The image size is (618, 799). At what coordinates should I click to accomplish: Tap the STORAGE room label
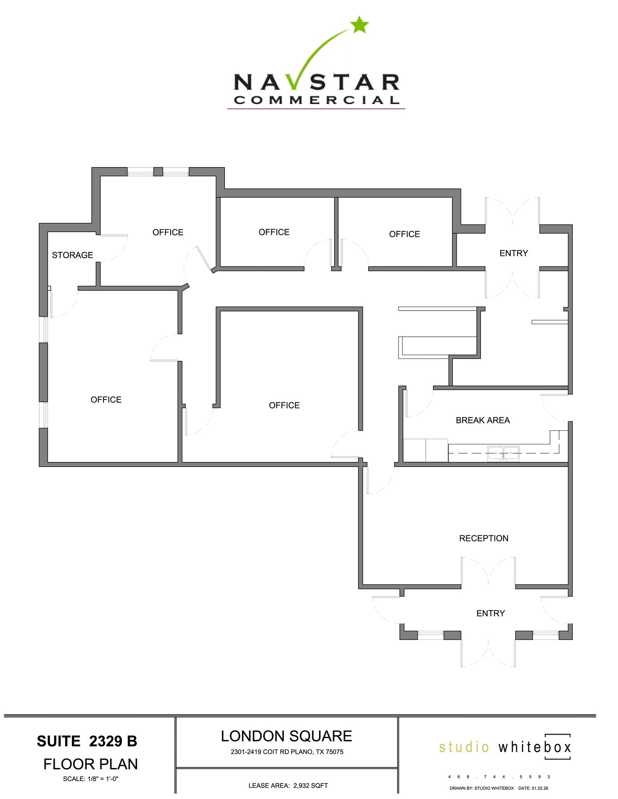point(72,255)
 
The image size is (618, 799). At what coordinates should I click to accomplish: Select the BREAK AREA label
point(483,420)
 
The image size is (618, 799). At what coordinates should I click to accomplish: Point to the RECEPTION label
point(483,538)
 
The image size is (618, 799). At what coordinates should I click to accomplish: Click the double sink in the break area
point(503,453)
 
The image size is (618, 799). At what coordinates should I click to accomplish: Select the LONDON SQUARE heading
point(286,736)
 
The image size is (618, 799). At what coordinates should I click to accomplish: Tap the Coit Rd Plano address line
point(287,752)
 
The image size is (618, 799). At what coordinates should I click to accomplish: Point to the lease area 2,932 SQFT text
point(288,785)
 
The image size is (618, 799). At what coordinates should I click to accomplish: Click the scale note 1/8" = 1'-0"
point(91,779)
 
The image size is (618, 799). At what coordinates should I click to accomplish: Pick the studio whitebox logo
point(505,747)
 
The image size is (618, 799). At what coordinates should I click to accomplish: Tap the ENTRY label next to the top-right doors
point(513,253)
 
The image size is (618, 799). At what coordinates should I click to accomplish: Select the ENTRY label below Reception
point(490,613)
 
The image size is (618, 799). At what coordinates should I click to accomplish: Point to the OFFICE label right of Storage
point(168,233)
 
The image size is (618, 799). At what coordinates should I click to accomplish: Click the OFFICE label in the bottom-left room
point(106,399)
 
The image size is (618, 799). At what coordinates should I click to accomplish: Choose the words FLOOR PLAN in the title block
point(91,764)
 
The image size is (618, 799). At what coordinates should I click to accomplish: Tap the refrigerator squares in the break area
point(426,450)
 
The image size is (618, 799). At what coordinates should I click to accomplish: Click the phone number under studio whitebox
point(499,777)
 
